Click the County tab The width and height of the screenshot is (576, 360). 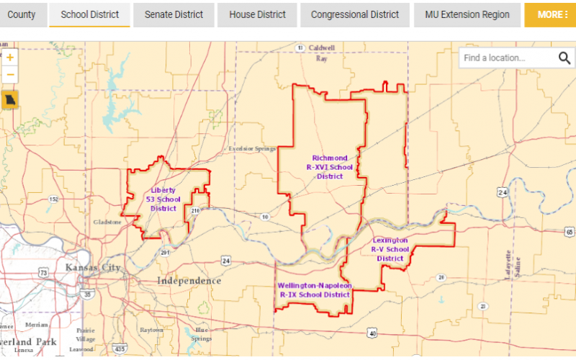22,14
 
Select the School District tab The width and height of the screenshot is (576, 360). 89,14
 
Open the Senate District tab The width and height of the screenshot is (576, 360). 174,14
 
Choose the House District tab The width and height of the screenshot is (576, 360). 257,14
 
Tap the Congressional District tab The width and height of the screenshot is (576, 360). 355,14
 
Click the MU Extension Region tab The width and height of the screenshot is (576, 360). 467,14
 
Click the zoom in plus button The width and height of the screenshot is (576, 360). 10,58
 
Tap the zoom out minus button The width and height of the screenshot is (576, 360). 10,73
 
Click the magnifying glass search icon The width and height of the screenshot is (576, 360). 564,58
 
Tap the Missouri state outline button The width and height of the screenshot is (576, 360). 10,100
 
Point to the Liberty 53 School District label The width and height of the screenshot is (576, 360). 163,199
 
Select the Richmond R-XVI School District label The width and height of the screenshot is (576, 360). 330,167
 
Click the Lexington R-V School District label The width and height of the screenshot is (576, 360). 390,249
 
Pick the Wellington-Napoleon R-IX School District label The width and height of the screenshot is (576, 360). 315,290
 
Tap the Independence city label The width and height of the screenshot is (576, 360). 189,281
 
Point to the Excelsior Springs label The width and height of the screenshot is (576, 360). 252,149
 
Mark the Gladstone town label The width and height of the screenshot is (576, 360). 107,222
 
